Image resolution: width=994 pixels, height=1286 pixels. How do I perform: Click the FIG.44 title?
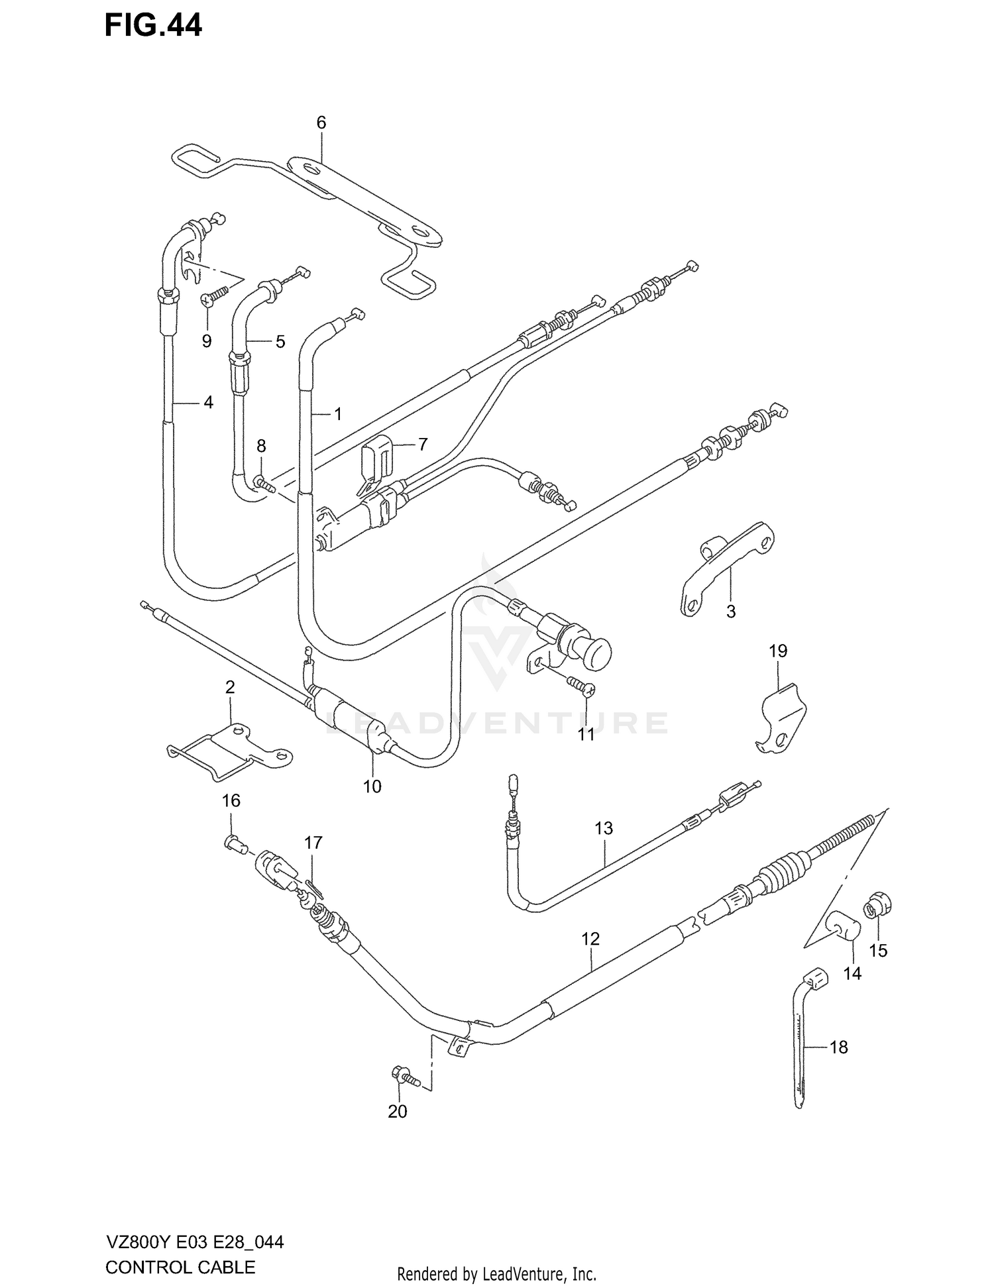click(x=153, y=26)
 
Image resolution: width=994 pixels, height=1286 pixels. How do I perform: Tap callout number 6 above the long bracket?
click(x=321, y=123)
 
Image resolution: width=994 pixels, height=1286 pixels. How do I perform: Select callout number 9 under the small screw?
click(x=207, y=341)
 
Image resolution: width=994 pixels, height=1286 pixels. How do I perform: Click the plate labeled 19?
click(x=782, y=719)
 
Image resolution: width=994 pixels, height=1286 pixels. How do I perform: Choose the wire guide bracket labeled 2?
click(x=229, y=753)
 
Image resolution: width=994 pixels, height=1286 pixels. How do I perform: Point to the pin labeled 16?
click(x=234, y=843)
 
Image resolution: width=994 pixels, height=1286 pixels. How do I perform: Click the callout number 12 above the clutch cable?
click(x=590, y=938)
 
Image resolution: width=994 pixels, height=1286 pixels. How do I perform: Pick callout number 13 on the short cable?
click(x=604, y=828)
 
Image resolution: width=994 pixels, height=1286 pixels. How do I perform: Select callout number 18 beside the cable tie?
click(x=838, y=1047)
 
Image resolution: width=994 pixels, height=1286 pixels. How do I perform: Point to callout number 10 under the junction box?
click(x=372, y=786)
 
